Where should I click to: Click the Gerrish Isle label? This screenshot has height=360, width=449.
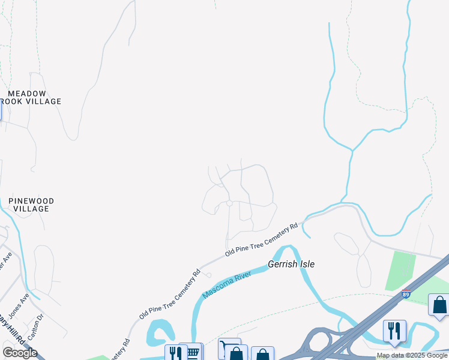tap(291, 264)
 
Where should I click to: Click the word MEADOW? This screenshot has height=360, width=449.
tap(26, 94)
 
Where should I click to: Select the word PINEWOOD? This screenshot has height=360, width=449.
tap(31, 201)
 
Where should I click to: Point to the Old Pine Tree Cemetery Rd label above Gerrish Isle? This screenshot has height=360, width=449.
tap(262, 241)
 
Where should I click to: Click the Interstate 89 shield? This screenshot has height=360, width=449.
tap(406, 294)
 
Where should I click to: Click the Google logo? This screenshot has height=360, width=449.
tap(20, 353)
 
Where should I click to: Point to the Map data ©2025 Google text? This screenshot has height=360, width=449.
tap(412, 356)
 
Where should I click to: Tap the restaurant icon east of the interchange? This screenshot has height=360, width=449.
tap(394, 331)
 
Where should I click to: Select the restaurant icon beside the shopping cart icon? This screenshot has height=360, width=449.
tap(175, 353)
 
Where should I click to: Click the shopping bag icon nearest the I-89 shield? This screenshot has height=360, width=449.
tap(439, 305)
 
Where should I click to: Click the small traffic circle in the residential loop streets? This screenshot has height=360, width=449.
tap(229, 204)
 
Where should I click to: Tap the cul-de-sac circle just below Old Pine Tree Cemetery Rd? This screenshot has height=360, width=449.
tap(208, 275)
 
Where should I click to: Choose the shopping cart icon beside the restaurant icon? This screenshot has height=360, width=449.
tap(193, 353)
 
